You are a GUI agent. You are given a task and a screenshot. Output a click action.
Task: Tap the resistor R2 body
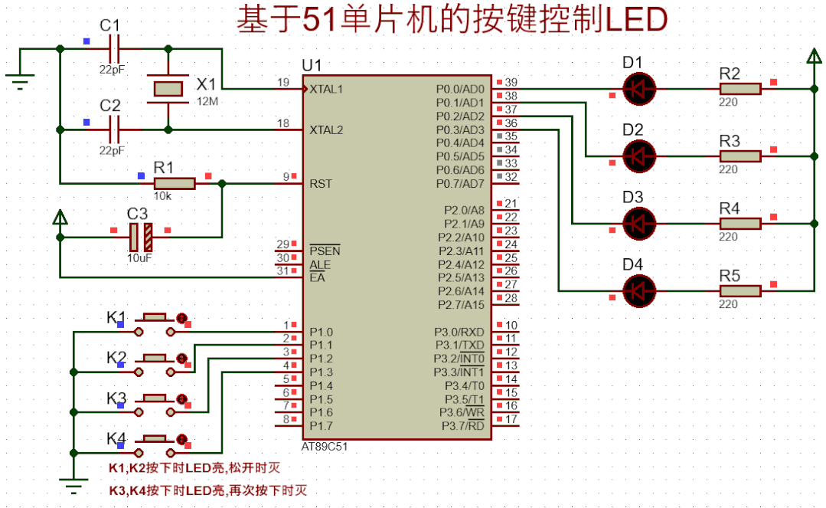point(739,89)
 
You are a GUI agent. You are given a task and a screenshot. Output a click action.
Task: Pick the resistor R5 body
point(739,290)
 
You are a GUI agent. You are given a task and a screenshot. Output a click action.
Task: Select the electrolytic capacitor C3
point(141,238)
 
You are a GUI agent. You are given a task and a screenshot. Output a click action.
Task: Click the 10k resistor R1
point(175,184)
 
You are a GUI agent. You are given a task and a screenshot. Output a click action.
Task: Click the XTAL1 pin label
point(327,89)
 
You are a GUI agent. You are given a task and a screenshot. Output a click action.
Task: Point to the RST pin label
point(321,184)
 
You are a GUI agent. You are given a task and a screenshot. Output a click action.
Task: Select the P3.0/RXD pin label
point(459,332)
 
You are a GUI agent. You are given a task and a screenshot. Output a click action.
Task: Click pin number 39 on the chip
point(511,82)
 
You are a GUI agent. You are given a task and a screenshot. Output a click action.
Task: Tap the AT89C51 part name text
point(328,445)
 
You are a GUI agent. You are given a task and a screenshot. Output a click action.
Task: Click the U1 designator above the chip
point(312,64)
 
